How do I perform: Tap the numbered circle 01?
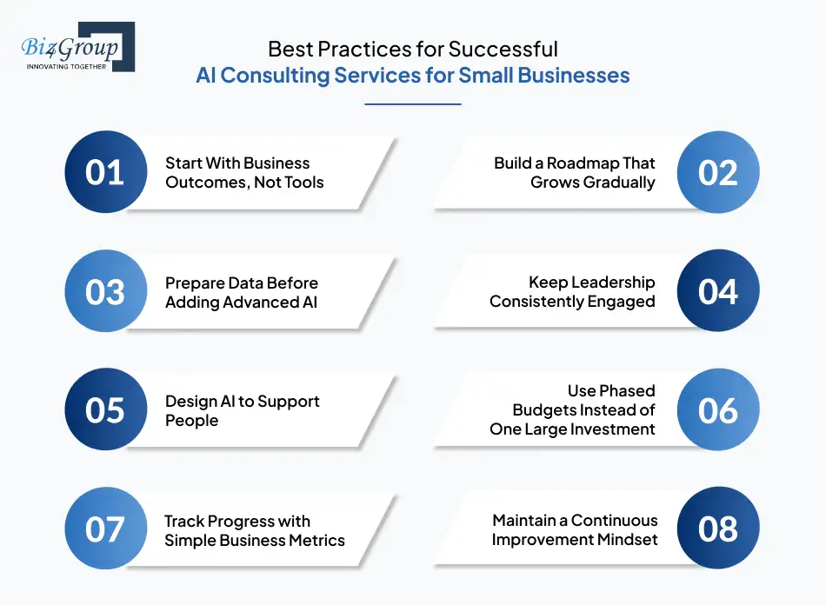(x=105, y=172)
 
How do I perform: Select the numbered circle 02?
(x=718, y=172)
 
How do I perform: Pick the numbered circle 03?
(x=105, y=291)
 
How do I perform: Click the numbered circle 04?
(x=718, y=291)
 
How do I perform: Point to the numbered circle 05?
(x=105, y=410)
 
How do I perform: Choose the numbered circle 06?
(x=718, y=410)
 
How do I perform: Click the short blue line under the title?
(x=412, y=104)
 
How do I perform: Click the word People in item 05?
(x=192, y=421)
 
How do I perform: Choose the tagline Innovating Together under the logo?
(x=68, y=66)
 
